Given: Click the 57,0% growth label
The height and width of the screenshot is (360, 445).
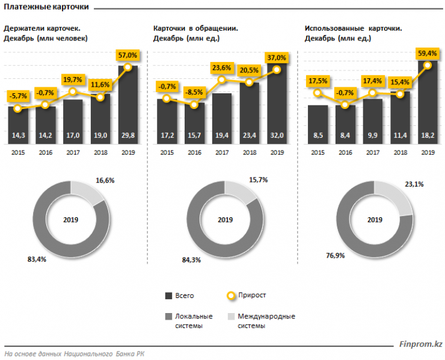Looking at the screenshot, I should pyautogui.click(x=127, y=55).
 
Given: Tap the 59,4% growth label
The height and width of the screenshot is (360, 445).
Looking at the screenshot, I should pyautogui.click(x=427, y=53).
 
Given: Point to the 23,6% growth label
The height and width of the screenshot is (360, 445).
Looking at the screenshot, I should pyautogui.click(x=221, y=67).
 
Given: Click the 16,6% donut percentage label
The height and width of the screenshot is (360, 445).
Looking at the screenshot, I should pyautogui.click(x=105, y=180).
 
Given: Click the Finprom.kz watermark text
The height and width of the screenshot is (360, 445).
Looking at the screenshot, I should pyautogui.click(x=421, y=344).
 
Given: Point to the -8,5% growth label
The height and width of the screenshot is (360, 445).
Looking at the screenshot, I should pyautogui.click(x=194, y=93).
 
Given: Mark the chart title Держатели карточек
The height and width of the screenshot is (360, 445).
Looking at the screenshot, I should pyautogui.click(x=43, y=28).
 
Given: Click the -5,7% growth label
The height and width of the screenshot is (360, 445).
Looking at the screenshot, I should pyautogui.click(x=18, y=96).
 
